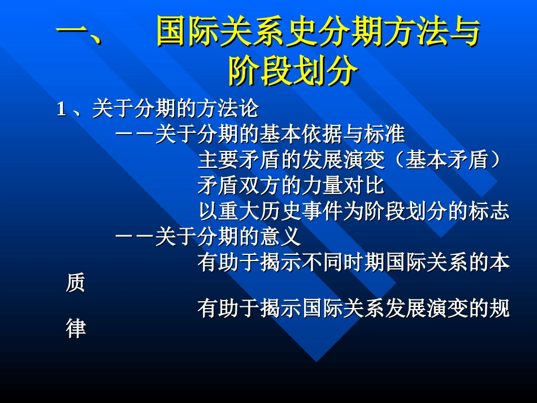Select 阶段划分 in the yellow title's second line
coord(293,72)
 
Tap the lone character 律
coord(76,329)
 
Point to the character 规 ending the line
coord(499,309)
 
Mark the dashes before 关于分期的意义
coord(135,237)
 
